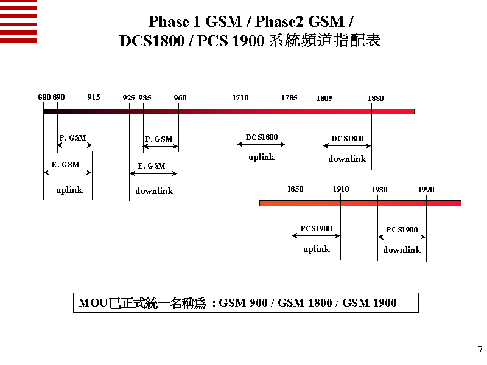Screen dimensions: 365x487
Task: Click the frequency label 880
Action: coord(44,97)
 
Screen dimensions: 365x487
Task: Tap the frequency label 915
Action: coord(93,97)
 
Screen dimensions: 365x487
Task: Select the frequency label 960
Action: coord(180,98)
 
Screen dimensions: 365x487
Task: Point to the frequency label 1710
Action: coord(240,98)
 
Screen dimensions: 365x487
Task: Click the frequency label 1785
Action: coord(289,98)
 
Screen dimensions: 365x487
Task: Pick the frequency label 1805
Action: coord(324,99)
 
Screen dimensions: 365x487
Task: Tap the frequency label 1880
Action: coord(376,99)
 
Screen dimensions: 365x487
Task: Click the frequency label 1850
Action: coord(295,189)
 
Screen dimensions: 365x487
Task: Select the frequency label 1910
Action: coord(341,189)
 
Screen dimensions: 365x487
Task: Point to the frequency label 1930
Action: coord(379,190)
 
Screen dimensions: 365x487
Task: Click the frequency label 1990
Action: coord(426,190)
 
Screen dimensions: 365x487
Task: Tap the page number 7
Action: coord(480,350)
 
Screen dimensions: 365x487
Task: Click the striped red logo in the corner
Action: coord(18,21)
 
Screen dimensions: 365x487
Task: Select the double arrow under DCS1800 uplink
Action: coord(262,145)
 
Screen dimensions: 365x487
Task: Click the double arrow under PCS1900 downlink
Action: coord(402,237)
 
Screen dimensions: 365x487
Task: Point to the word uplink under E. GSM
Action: coord(69,190)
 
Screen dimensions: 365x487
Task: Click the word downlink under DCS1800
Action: coord(347,159)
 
